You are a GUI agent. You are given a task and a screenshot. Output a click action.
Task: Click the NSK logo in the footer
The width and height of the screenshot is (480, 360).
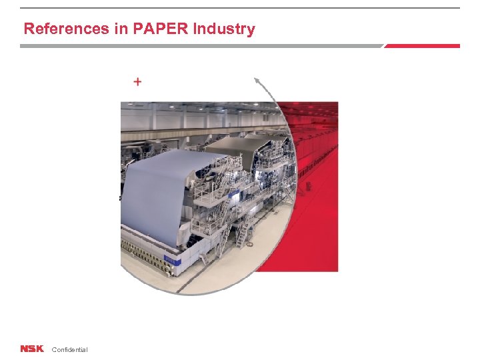pyautogui.click(x=31, y=349)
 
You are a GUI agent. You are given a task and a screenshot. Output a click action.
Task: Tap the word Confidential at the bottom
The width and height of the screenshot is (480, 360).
pyautogui.click(x=69, y=350)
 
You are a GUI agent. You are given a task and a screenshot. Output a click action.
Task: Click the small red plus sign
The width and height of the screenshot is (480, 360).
pyautogui.click(x=137, y=82)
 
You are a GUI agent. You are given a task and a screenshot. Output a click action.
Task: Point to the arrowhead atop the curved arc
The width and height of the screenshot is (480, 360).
pyautogui.click(x=256, y=81)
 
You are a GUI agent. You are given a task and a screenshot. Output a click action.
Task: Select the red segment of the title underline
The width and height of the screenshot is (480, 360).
pyautogui.click(x=422, y=46)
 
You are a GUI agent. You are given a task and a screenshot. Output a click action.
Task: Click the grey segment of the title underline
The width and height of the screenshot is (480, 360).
pyautogui.click(x=200, y=46)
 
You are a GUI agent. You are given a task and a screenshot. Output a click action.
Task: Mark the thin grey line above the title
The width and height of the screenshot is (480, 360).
pyautogui.click(x=240, y=8)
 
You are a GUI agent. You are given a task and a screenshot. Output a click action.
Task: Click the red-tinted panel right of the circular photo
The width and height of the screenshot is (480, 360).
pyautogui.click(x=313, y=200)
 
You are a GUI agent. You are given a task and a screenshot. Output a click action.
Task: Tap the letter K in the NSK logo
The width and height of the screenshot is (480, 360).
pyautogui.click(x=39, y=349)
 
